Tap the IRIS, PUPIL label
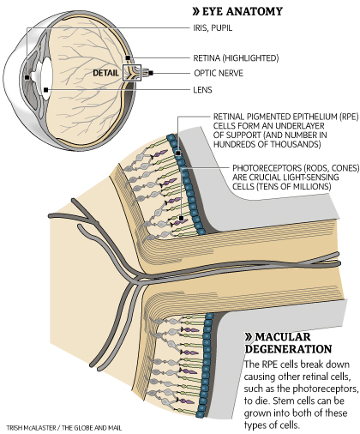tap(213, 28)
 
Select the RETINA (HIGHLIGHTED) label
tap(236, 58)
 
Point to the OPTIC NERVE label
tap(219, 73)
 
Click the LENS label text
tap(202, 90)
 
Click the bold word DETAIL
tap(105, 73)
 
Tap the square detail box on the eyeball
tap(132, 73)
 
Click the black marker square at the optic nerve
tap(151, 73)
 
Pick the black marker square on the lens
tap(45, 90)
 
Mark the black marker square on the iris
tap(27, 77)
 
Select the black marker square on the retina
tap(128, 58)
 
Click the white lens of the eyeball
tap(46, 79)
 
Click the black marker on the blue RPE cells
tap(178, 153)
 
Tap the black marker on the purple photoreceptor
tap(181, 219)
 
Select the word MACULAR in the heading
tap(283, 337)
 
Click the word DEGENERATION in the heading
tap(288, 349)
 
